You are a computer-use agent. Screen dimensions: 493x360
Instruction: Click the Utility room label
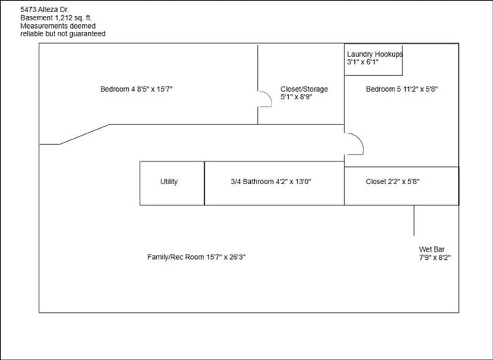pos(169,182)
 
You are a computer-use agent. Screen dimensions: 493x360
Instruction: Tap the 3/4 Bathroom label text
pos(271,182)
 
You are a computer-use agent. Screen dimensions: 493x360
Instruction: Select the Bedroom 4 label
pos(137,89)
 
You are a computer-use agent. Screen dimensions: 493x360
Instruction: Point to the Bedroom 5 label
pos(402,89)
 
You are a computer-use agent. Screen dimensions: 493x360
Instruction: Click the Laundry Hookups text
pos(375,54)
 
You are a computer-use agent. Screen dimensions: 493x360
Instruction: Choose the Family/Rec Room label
pos(196,257)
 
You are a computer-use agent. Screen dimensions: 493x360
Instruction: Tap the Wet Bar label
pos(432,249)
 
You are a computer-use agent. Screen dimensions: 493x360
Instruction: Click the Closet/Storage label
pos(304,89)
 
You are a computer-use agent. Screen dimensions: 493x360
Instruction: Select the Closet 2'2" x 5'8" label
pos(392,182)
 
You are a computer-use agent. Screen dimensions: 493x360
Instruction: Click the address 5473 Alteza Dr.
pos(44,9)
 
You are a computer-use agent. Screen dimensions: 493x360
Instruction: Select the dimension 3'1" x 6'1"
pos(363,62)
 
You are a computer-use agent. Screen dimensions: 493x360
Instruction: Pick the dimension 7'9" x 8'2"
pos(435,258)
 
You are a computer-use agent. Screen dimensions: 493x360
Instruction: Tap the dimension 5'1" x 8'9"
pos(296,97)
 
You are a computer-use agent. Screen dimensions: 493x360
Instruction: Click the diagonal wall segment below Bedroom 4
pos(84,134)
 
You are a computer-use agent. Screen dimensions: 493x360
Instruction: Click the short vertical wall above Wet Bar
pos(414,221)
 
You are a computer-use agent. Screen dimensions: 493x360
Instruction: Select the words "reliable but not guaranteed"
pos(63,33)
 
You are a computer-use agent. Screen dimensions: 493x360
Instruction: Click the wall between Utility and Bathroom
pos(204,183)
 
